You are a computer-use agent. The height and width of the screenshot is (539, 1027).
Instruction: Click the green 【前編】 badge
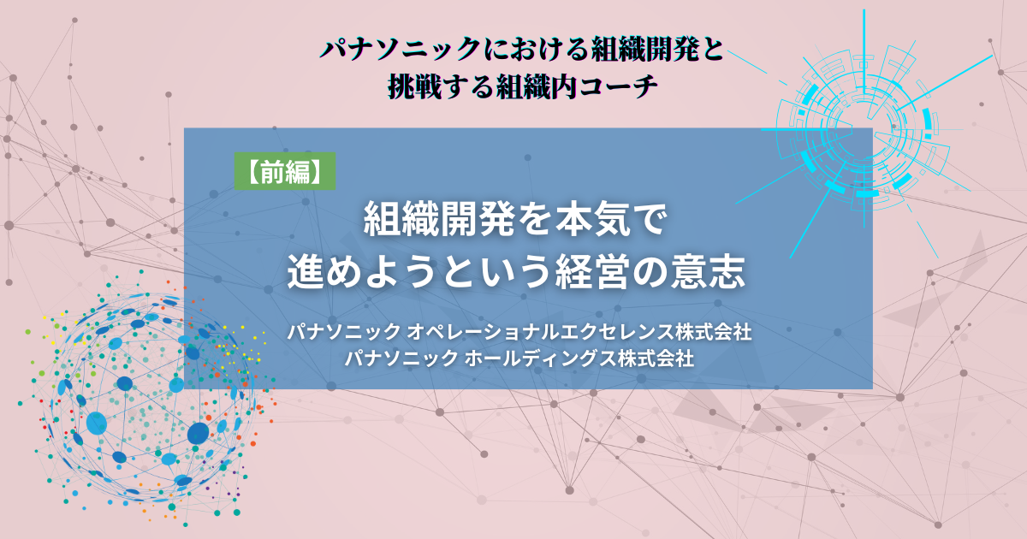point(285,171)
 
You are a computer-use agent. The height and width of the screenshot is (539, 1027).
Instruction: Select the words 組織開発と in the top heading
point(657,49)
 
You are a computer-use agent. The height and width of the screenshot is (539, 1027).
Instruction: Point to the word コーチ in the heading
point(619,86)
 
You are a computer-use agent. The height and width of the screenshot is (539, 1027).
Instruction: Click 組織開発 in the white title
point(440,220)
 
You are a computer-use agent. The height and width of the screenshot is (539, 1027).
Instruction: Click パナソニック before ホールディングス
point(401,358)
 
